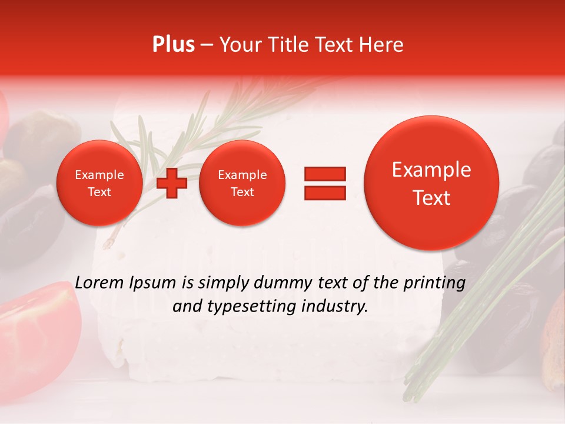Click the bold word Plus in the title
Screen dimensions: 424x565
coord(173,45)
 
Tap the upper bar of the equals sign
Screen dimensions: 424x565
coord(325,173)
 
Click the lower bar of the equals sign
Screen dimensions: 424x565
coord(325,193)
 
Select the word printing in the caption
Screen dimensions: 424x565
coord(434,283)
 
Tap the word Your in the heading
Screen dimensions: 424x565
coord(239,45)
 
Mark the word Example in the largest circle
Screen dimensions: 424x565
coord(431,170)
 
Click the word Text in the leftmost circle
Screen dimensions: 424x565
coord(99,192)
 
